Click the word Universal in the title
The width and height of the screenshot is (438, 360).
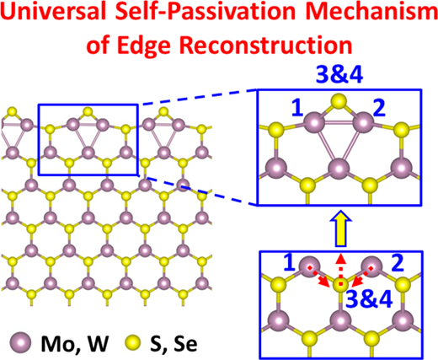click(48, 13)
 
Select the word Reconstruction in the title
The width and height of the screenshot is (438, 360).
click(264, 44)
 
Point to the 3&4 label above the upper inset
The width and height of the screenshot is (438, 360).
click(339, 76)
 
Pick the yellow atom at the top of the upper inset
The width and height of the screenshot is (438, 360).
click(339, 101)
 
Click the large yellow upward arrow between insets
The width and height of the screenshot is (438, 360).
click(340, 228)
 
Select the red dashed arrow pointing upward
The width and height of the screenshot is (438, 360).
click(340, 268)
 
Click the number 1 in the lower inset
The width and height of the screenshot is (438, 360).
click(290, 262)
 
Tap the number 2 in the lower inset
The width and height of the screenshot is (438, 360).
click(397, 262)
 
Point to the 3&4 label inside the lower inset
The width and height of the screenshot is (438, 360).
click(369, 299)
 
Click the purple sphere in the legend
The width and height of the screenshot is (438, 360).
click(20, 342)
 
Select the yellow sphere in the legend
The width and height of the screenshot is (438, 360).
click(131, 342)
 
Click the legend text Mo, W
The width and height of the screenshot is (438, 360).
click(75, 343)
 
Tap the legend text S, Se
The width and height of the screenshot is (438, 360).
click(174, 343)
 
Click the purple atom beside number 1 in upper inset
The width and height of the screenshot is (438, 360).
click(315, 122)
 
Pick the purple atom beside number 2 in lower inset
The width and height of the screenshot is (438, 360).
click(371, 266)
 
